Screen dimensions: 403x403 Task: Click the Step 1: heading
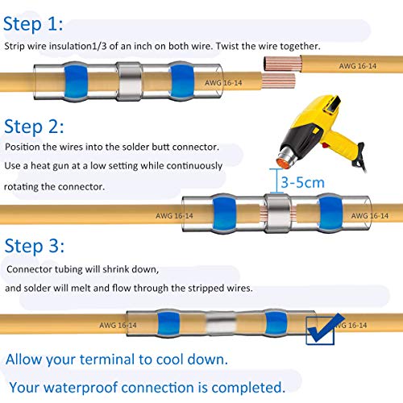pyautogui.click(x=33, y=24)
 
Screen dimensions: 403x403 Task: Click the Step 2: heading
pyautogui.click(x=34, y=127)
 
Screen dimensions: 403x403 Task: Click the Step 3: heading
pyautogui.click(x=35, y=246)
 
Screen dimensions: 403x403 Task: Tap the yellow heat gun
pyautogui.click(x=321, y=133)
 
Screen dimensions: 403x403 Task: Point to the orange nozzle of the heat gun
pyautogui.click(x=283, y=163)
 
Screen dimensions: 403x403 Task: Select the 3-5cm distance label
pyautogui.click(x=303, y=183)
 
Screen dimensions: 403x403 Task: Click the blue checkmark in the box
pyautogui.click(x=325, y=328)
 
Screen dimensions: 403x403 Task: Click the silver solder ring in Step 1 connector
pyautogui.click(x=130, y=81)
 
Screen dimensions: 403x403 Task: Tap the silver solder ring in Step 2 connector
pyautogui.click(x=277, y=213)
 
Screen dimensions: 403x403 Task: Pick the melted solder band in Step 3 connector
pyautogui.click(x=221, y=323)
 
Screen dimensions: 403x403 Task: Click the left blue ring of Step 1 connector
pyautogui.click(x=76, y=81)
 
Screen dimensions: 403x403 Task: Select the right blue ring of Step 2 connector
pyautogui.click(x=330, y=214)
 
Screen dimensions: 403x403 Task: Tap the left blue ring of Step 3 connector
pyautogui.click(x=168, y=323)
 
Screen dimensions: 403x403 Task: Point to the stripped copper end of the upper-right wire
pyautogui.click(x=282, y=64)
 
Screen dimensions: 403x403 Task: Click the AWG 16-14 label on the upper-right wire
pyautogui.click(x=357, y=66)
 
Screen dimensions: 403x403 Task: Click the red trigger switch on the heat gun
pyautogui.click(x=326, y=146)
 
